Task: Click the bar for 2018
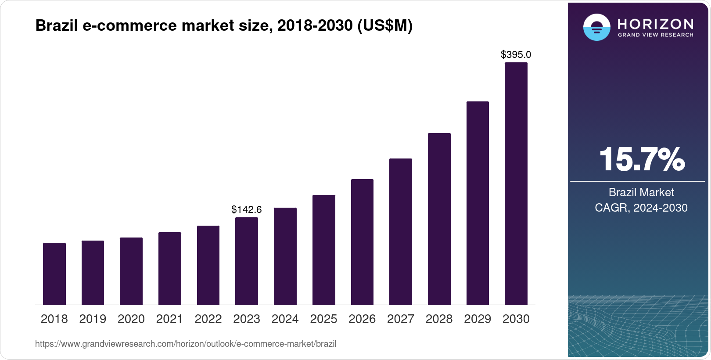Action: [x=54, y=274]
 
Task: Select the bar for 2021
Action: [x=170, y=268]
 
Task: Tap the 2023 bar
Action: [x=247, y=261]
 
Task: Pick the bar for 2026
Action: [x=362, y=242]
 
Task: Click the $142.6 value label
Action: [x=247, y=209]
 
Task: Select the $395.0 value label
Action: [x=516, y=54]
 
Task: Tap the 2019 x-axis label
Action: [x=93, y=319]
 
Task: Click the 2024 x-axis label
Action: [x=285, y=319]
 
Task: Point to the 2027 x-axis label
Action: [x=401, y=319]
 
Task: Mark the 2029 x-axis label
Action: [x=478, y=319]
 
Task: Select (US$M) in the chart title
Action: [x=385, y=25]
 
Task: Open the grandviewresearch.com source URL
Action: [x=186, y=344]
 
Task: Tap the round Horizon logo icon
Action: [x=596, y=27]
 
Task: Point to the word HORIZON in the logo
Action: [x=655, y=24]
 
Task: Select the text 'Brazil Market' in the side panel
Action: [x=641, y=192]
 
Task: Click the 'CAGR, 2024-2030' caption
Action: [x=641, y=208]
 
